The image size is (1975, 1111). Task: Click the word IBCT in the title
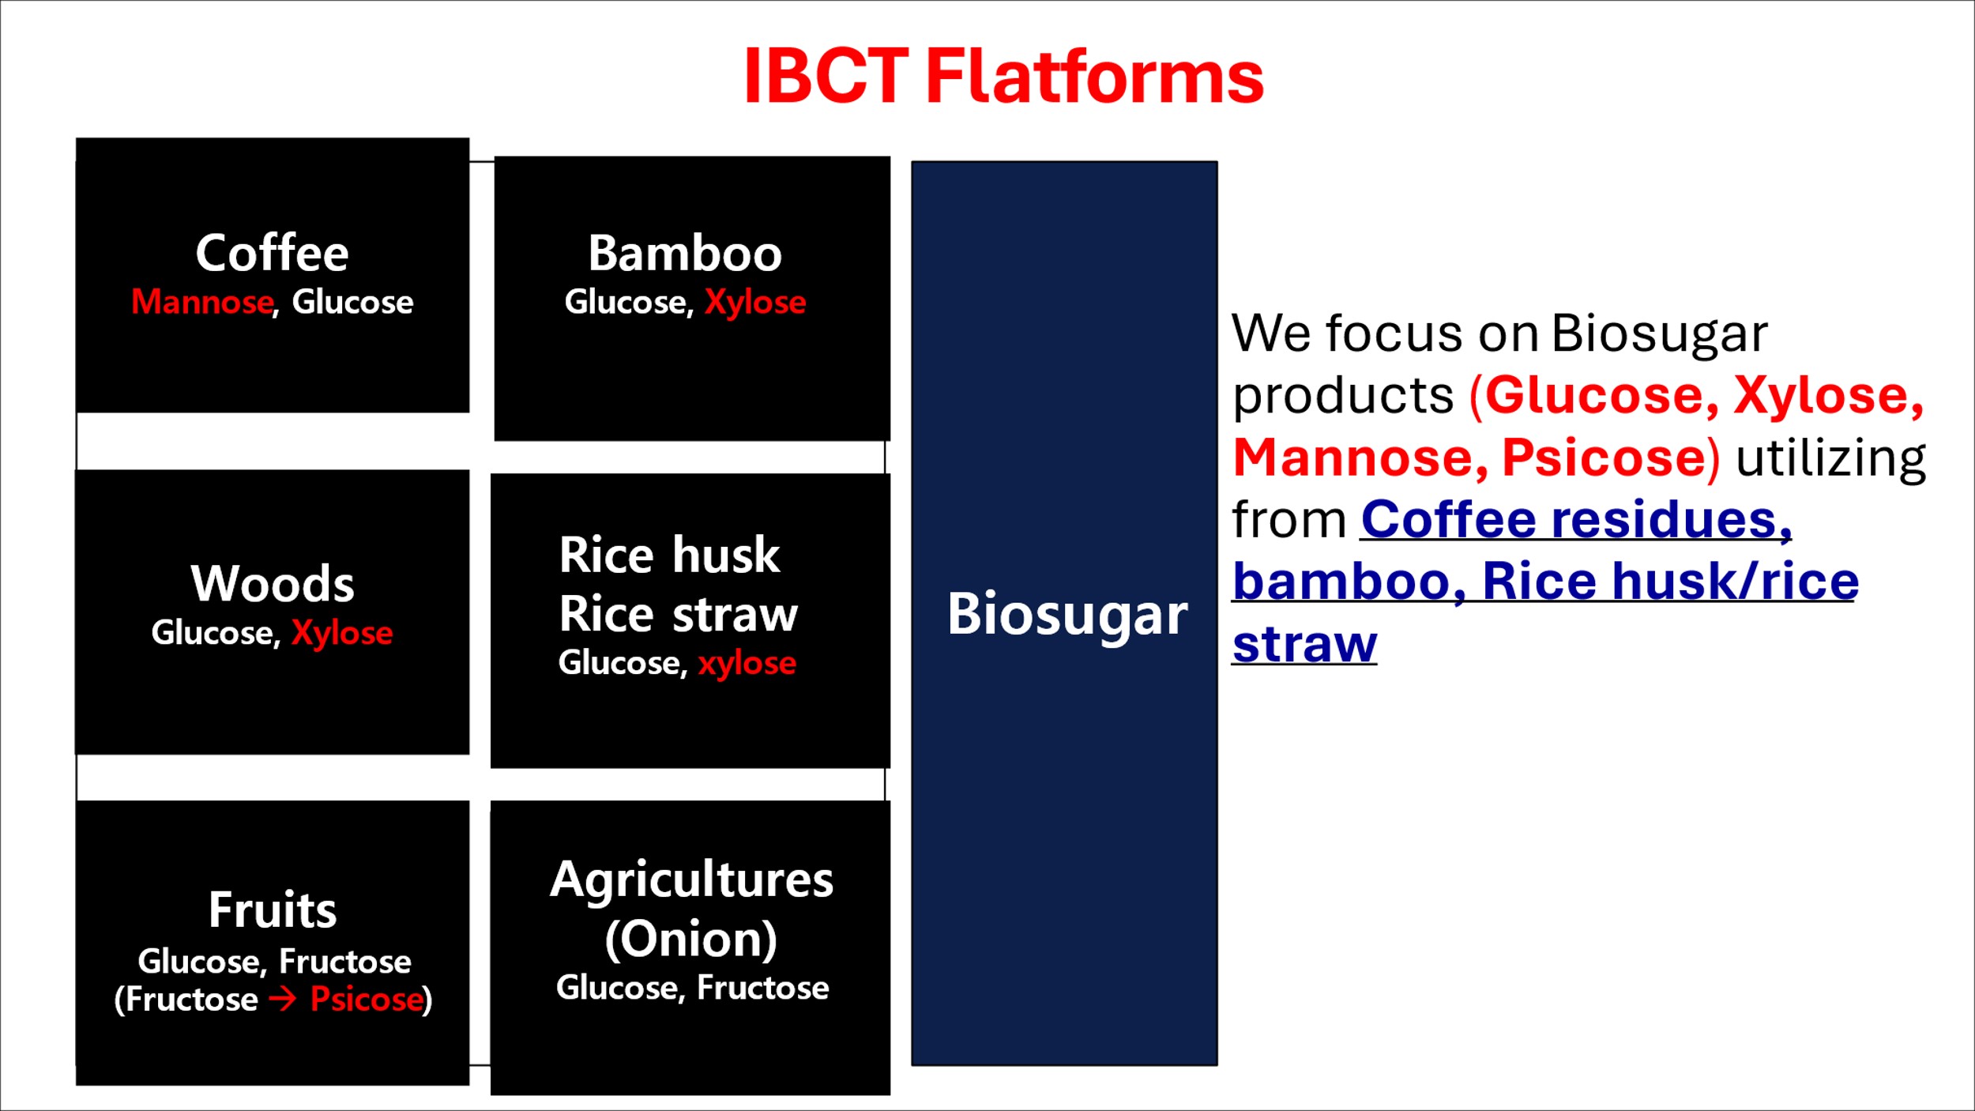tap(826, 76)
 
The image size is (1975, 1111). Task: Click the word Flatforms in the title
tap(1095, 76)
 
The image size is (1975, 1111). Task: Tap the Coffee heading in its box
tap(273, 253)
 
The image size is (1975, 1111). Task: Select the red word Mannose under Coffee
tap(202, 302)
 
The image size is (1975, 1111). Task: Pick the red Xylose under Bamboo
tap(755, 303)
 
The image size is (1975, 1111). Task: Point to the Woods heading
tap(273, 583)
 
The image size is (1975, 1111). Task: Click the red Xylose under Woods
tap(342, 633)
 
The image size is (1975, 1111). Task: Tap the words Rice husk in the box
tap(670, 555)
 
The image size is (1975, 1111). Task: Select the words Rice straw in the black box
tap(679, 615)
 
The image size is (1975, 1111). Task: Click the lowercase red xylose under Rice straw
tap(747, 664)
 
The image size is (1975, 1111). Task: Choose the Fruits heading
tap(273, 910)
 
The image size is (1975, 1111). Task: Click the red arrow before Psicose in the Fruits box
tap(283, 1000)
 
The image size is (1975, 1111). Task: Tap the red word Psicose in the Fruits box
tap(367, 1000)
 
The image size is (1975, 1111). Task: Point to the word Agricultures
tap(692, 879)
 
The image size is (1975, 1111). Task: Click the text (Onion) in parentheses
tap(691, 940)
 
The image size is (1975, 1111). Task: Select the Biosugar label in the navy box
tap(1067, 614)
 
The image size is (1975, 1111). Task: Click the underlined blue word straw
tap(1304, 644)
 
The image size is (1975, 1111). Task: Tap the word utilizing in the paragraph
tap(1830, 458)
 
